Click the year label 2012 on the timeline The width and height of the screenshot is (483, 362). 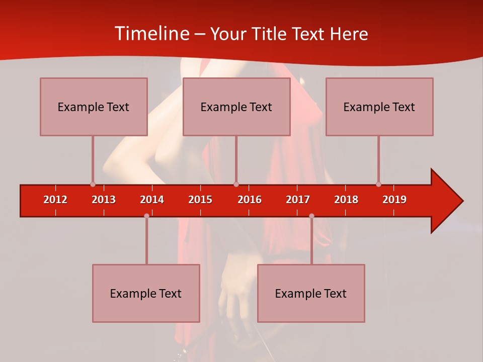click(x=55, y=200)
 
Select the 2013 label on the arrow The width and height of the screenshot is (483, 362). click(x=104, y=200)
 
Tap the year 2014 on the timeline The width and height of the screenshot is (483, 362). click(x=152, y=200)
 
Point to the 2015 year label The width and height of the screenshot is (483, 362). click(x=200, y=200)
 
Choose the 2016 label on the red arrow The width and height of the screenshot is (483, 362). click(x=250, y=200)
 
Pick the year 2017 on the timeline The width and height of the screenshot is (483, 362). click(x=298, y=200)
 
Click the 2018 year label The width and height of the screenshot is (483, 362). click(x=346, y=200)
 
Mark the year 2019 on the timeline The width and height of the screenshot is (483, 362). click(x=394, y=200)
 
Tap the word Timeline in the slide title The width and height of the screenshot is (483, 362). click(x=151, y=34)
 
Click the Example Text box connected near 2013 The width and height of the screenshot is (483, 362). click(x=94, y=107)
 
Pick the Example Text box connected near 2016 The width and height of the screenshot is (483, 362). click(x=236, y=107)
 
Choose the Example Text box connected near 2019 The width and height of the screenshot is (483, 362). click(x=379, y=107)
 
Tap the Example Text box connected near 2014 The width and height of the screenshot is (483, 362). click(x=146, y=293)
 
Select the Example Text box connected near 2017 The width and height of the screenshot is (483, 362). click(x=311, y=293)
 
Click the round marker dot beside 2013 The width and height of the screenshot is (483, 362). click(x=93, y=184)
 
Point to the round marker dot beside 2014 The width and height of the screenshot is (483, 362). click(x=146, y=216)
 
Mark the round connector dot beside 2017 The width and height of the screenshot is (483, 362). click(x=311, y=216)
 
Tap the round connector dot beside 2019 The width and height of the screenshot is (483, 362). click(x=378, y=184)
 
